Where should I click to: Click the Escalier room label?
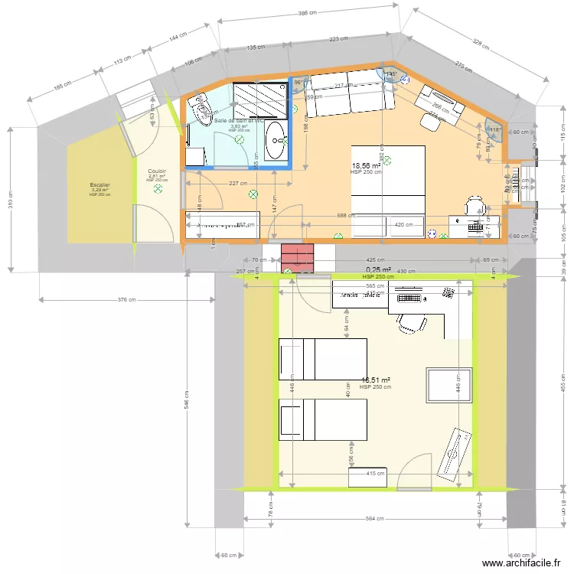coord(99,184)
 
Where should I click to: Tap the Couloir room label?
coord(157,171)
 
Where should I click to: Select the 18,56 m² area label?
coord(366,165)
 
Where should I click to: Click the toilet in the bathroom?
coord(203,109)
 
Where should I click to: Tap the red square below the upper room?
coord(298,258)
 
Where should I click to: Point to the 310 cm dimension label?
coord(11,201)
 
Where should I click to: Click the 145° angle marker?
coord(392,74)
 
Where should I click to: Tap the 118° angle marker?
coord(494,130)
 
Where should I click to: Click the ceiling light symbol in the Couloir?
coord(158,188)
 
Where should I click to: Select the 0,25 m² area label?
coord(378,269)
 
